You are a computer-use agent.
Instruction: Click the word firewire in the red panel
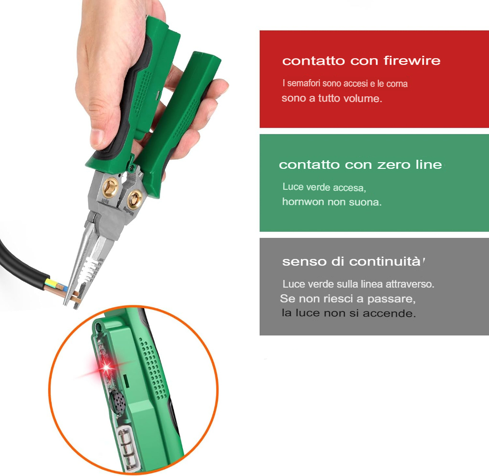412,61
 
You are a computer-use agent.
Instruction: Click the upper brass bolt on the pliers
110,187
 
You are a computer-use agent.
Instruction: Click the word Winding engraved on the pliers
129,212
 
